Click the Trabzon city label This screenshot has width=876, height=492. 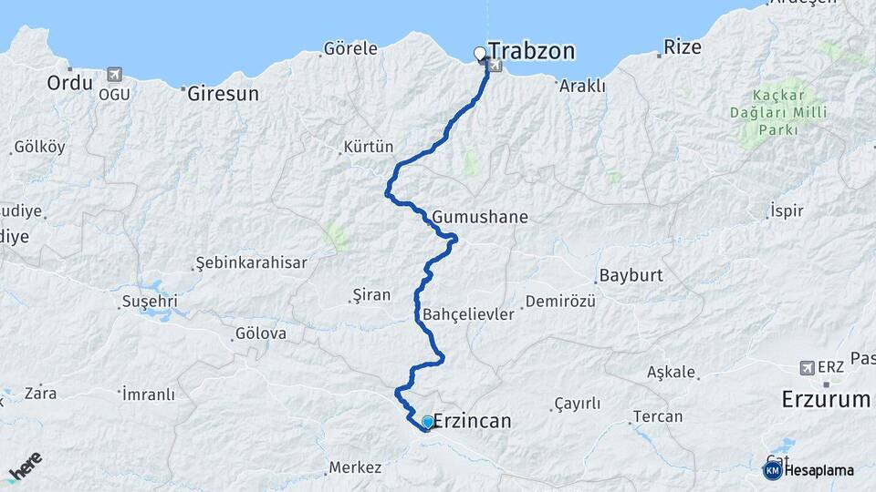531,51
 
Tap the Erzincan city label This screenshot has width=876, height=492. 472,422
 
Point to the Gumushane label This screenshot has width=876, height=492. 480,218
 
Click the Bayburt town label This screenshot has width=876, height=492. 630,275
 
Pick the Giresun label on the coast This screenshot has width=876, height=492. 223,93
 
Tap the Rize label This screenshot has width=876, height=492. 683,46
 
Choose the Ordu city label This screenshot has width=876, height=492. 70,83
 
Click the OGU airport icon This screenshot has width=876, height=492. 113,75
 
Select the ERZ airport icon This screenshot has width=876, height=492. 807,367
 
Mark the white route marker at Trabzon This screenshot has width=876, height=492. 480,54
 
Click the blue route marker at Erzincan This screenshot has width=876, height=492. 427,422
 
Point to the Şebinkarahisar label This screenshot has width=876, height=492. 251,263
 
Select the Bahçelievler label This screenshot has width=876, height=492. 469,314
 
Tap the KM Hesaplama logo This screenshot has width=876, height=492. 809,470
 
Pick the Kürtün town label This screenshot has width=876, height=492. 368,147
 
